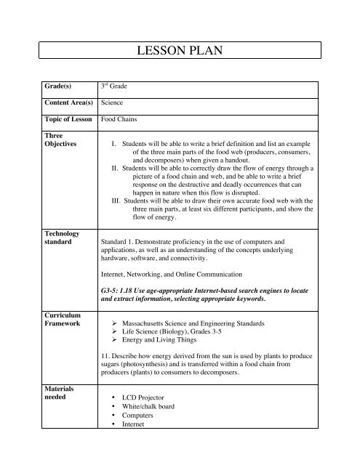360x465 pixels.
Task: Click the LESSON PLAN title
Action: tap(179, 52)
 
